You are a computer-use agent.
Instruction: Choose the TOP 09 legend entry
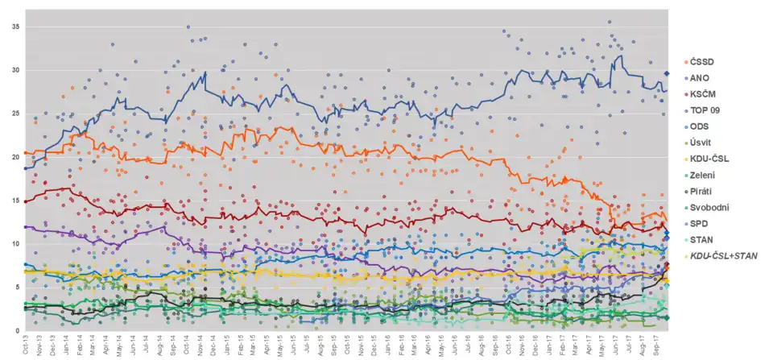click(x=705, y=110)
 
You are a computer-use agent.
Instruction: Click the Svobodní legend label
click(x=709, y=207)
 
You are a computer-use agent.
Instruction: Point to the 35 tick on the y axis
click(x=15, y=27)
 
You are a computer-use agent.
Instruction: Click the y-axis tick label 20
click(x=15, y=157)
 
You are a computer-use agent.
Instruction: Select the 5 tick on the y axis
click(x=18, y=287)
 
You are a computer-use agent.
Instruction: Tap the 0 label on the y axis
click(x=18, y=330)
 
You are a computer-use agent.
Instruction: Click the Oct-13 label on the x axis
click(x=27, y=346)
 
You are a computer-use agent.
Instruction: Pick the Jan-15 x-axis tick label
click(x=227, y=346)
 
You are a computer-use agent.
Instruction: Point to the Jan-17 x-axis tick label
click(x=548, y=346)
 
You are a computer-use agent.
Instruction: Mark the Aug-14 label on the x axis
click(x=160, y=346)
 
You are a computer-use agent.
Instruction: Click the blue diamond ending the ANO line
click(x=667, y=73)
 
